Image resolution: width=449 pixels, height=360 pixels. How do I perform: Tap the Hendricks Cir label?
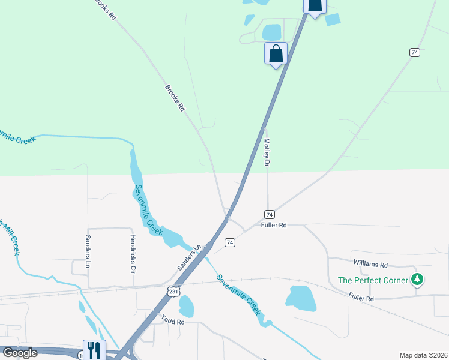point(133,254)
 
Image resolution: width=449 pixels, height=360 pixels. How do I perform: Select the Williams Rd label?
point(370,264)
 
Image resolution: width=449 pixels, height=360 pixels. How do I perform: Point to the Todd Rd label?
point(172,322)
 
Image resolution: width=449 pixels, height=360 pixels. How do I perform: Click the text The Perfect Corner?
point(373,280)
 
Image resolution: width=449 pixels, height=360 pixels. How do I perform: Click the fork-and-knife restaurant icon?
point(94,350)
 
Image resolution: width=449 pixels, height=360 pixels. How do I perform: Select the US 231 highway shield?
point(173,291)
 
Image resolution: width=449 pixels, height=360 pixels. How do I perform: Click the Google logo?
point(20,353)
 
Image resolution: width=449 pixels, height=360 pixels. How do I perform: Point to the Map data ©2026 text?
point(423,355)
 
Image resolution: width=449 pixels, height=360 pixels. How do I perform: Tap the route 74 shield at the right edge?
point(414,53)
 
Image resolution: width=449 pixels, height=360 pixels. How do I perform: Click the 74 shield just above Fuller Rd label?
point(270,214)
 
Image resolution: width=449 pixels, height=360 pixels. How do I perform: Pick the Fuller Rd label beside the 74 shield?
point(274,225)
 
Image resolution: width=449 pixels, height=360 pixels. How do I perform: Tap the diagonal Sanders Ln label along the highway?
point(187,257)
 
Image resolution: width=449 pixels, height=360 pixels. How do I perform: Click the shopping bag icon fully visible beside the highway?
point(276,53)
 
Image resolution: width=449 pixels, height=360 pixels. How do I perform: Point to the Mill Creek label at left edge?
point(9,237)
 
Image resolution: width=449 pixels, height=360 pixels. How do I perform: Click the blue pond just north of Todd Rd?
point(186,306)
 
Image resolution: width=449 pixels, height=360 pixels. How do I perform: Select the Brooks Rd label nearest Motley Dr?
point(175,98)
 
